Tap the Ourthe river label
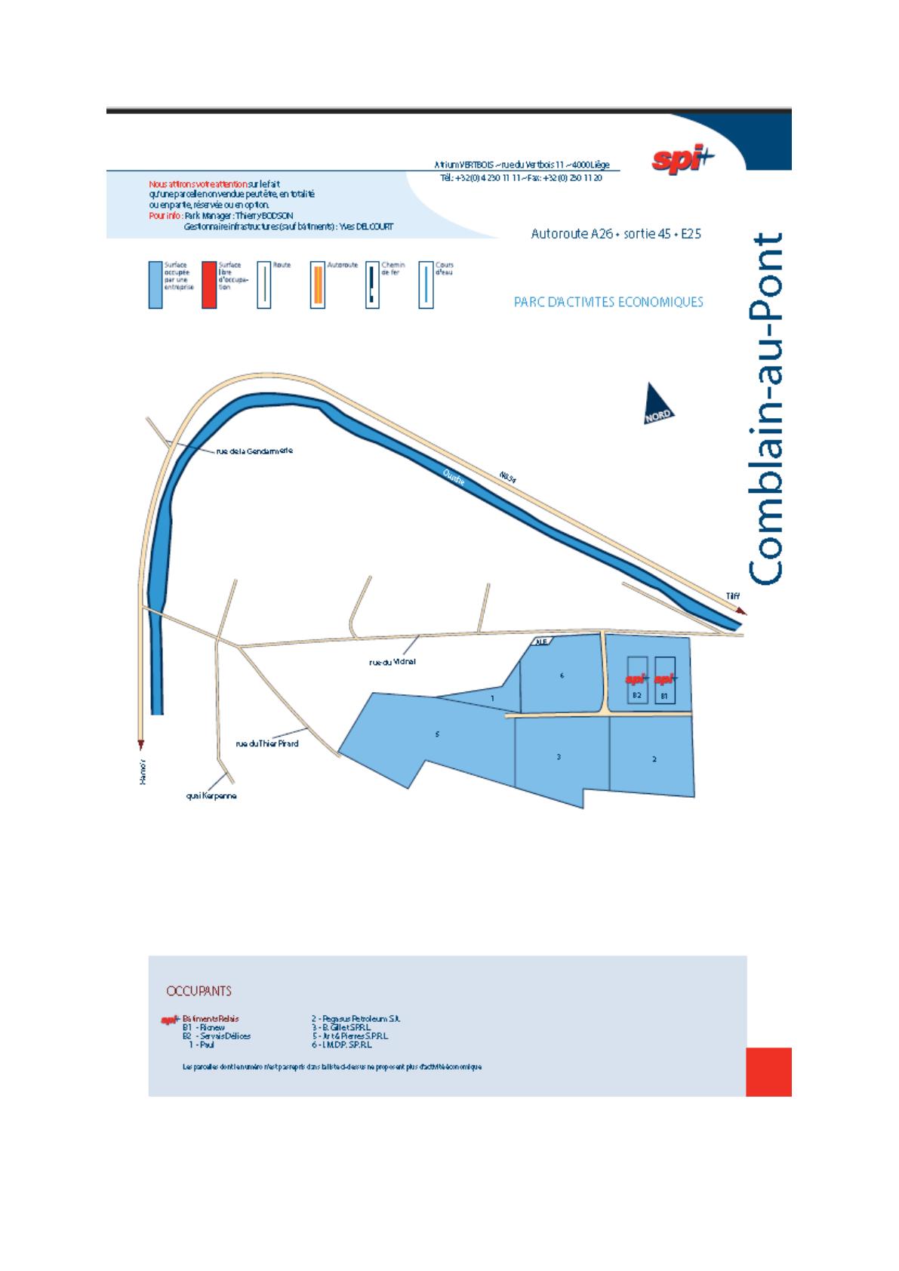[454, 476]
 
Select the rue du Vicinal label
[393, 662]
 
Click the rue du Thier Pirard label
[267, 743]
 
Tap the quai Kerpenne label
[211, 796]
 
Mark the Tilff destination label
[733, 596]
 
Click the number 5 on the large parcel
[437, 734]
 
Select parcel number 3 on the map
[559, 756]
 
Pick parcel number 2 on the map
[654, 759]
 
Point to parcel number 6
[562, 676]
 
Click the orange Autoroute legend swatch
[318, 285]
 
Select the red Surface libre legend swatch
[209, 285]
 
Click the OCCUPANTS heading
[199, 991]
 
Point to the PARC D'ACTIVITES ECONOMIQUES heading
[608, 302]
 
